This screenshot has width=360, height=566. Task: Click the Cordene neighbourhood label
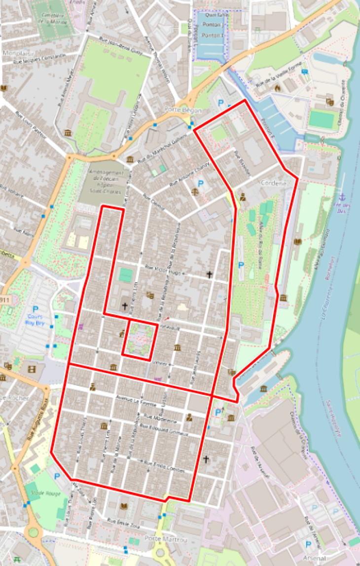274,183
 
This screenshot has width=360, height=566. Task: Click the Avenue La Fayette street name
133,399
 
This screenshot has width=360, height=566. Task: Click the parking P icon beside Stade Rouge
57,476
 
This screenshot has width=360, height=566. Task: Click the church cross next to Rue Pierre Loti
124,306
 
